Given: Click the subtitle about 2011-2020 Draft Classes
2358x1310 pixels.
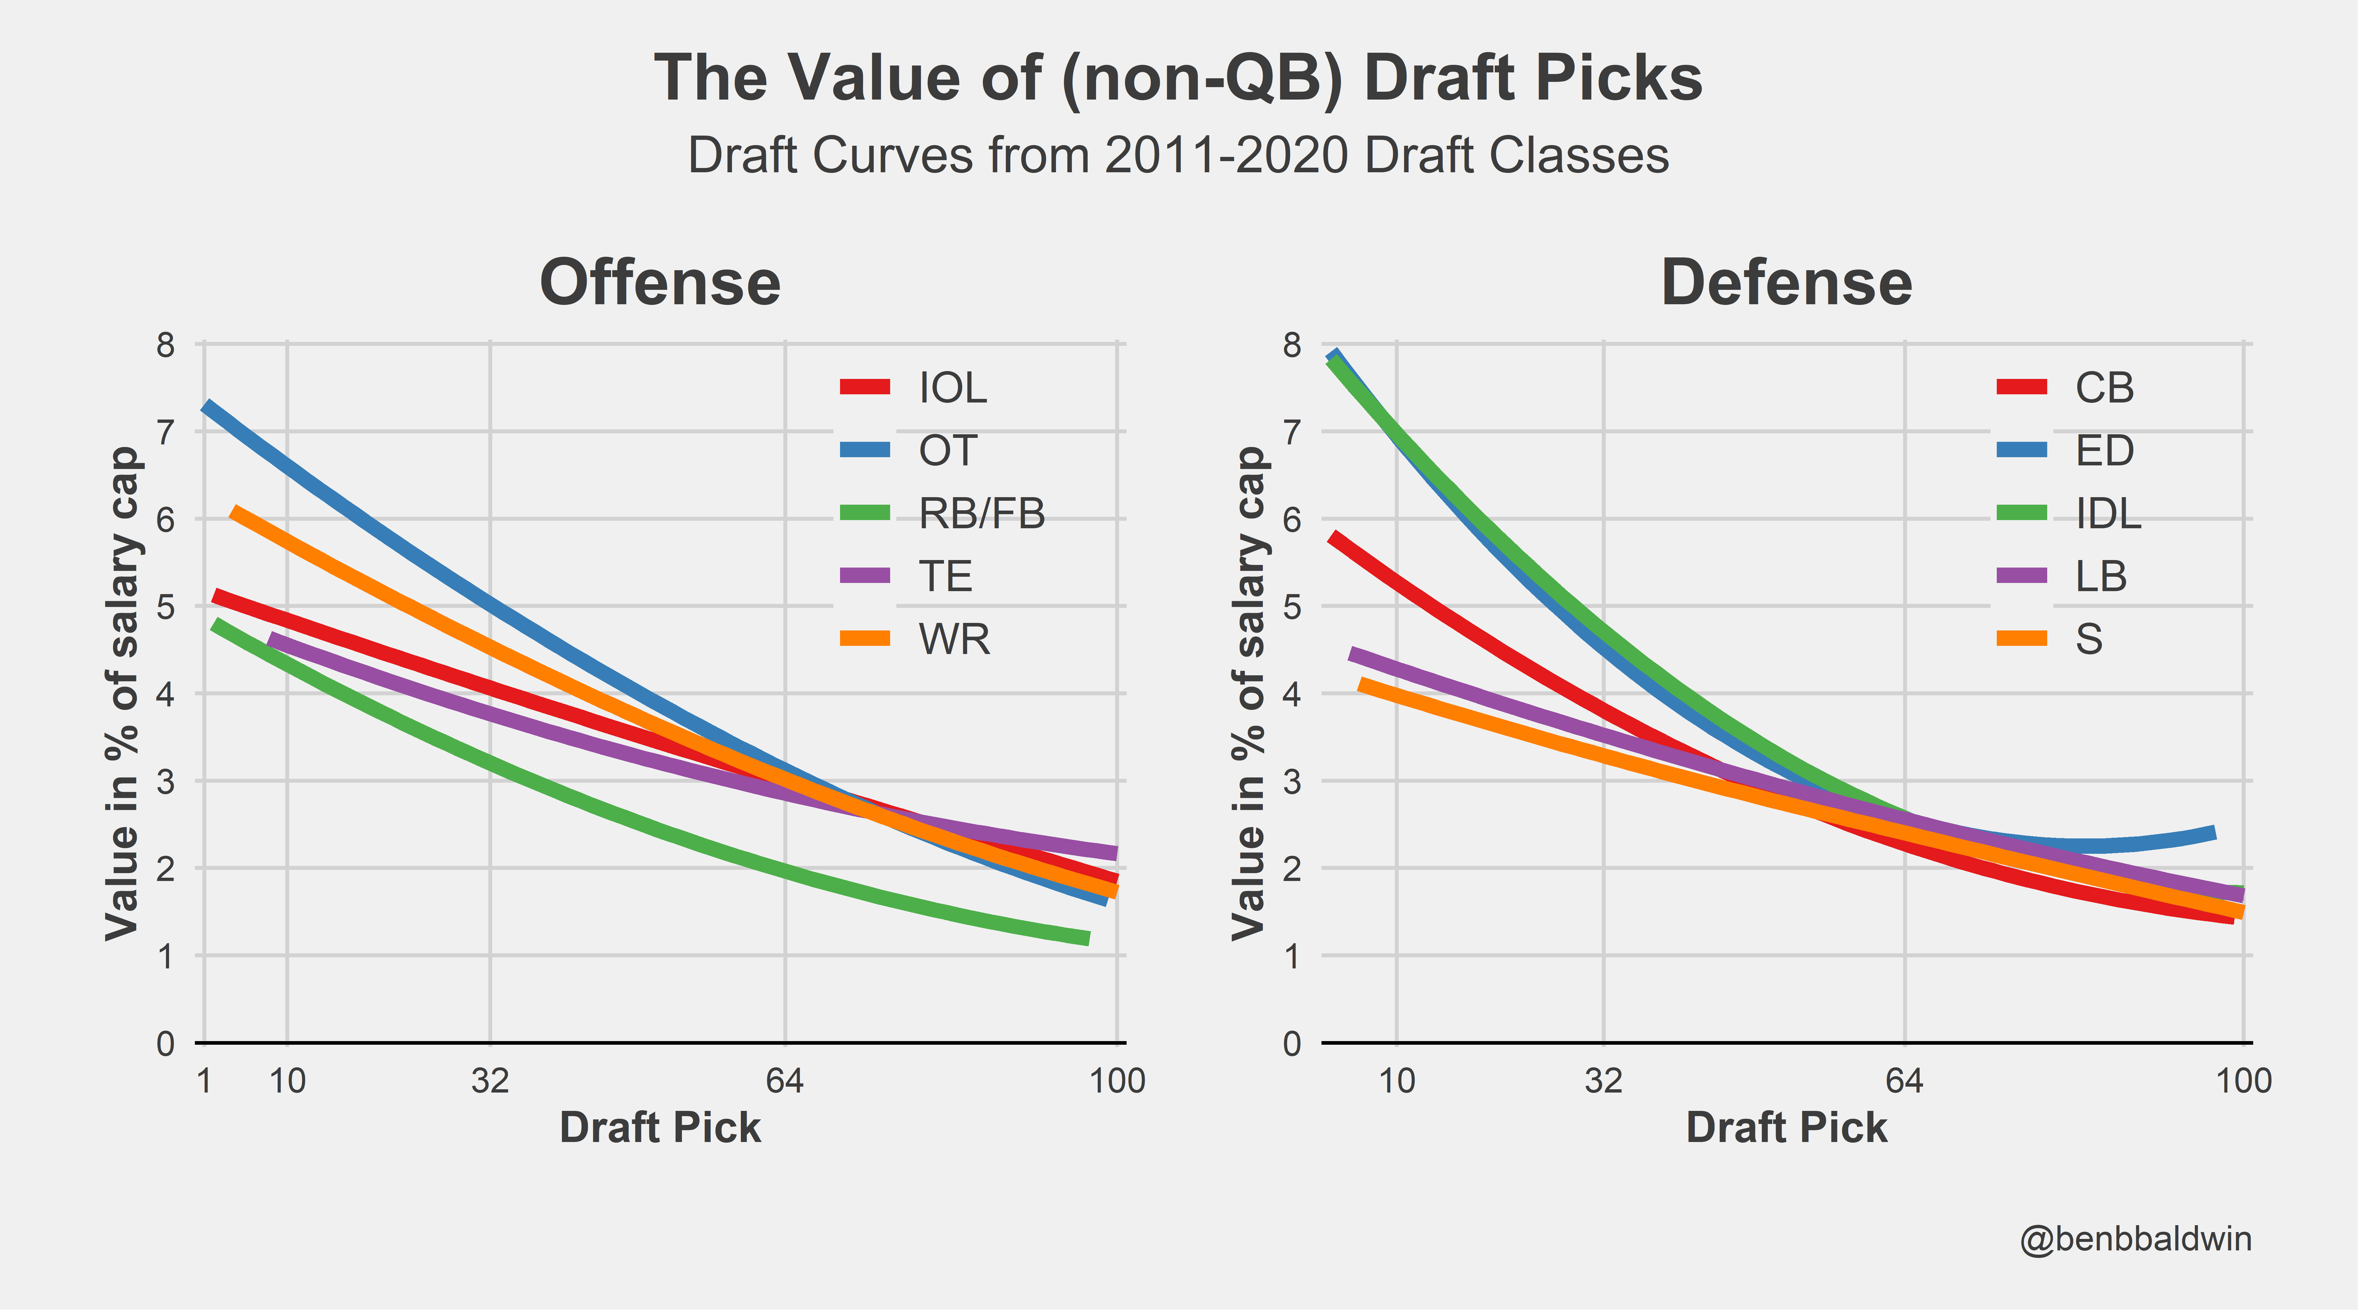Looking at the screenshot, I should [1178, 156].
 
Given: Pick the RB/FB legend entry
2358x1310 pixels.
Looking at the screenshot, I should [981, 514].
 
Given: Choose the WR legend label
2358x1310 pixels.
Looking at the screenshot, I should [954, 639].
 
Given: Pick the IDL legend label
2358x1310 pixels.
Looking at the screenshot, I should [2108, 514].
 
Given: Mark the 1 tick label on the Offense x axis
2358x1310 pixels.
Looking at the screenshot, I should [204, 1081].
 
